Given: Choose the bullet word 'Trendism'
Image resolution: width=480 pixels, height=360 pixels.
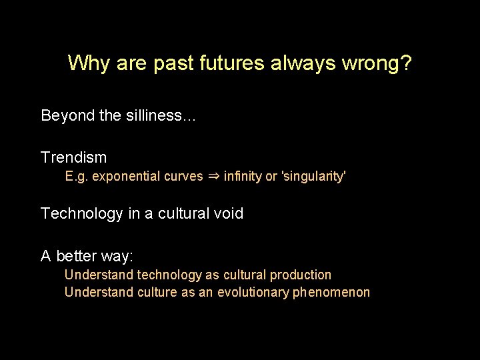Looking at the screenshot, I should (73, 157).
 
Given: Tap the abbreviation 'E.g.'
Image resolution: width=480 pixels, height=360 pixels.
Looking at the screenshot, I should (77, 177).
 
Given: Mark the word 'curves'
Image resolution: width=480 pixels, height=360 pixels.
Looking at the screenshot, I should (183, 177).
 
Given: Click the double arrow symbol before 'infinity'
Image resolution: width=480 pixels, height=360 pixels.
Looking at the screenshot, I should (213, 177).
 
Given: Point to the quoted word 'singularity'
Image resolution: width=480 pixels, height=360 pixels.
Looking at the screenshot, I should (314, 177).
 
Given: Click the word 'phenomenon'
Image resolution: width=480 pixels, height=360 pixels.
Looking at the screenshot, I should (331, 292).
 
